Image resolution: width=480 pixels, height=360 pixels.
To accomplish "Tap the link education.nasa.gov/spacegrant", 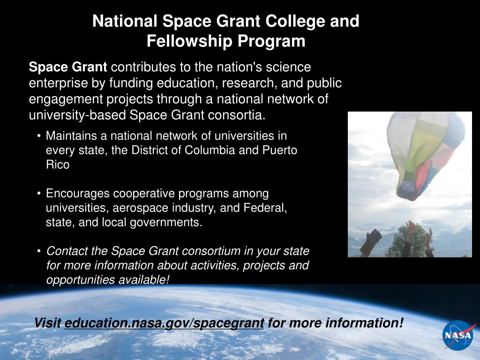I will tap(164, 323).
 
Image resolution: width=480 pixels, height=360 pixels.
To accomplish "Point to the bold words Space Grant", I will tap(68, 67).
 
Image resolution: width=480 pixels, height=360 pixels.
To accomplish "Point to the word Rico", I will tap(58, 165).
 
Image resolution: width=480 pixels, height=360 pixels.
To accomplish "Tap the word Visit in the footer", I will tap(47, 323).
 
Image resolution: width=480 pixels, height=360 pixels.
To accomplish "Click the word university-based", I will tap(77, 115).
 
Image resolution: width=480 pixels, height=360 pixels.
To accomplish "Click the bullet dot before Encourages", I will tap(39, 193).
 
